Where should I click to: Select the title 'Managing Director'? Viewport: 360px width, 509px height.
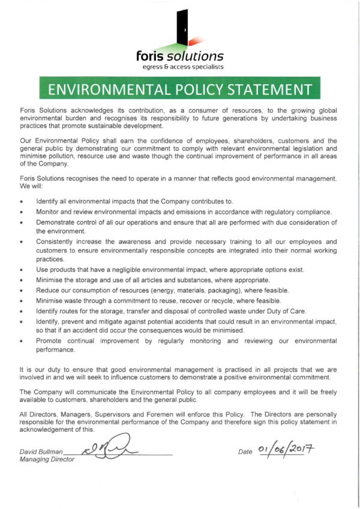(47, 459)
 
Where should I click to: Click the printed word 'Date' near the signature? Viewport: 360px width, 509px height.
(245, 452)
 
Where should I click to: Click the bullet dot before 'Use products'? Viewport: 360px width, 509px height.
(22, 271)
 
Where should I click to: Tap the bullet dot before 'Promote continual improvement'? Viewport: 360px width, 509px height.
(22, 341)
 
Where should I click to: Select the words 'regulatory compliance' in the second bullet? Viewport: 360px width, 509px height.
(296, 212)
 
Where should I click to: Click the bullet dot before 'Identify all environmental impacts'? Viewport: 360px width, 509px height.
(22, 201)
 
